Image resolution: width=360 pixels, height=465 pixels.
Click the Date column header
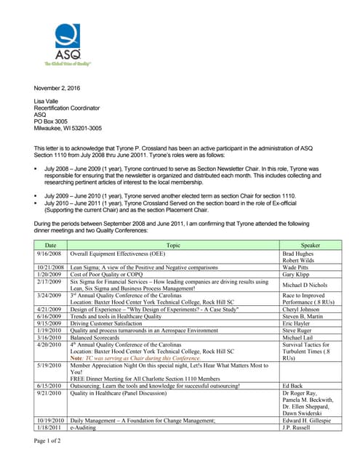(x=50, y=246)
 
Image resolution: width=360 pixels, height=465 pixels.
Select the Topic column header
(x=173, y=246)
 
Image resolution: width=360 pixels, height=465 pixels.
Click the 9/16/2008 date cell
(x=50, y=254)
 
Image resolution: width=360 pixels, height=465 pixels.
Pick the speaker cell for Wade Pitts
(x=297, y=268)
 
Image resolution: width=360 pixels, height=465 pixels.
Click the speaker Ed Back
(x=292, y=385)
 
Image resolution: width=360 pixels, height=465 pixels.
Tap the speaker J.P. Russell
(x=296, y=427)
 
